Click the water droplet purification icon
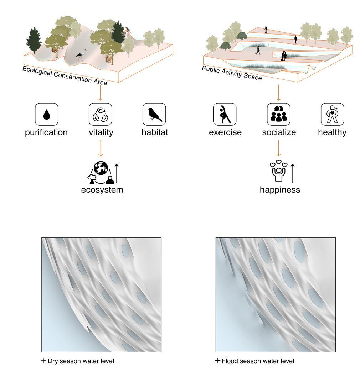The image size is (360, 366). tap(46, 115)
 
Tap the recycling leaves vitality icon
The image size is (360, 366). tap(101, 115)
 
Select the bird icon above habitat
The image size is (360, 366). tap(154, 115)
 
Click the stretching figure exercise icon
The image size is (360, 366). tap(225, 115)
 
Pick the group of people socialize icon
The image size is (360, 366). tap(279, 115)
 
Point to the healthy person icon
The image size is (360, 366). tap(332, 115)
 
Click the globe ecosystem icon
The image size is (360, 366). tap(101, 173)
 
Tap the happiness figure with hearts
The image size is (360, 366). tap(278, 172)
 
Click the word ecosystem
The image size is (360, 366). tap(102, 190)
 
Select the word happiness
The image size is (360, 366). tap(280, 190)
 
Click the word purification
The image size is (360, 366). tap(46, 132)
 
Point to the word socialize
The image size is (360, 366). tap(279, 132)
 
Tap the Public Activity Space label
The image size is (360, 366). tap(232, 73)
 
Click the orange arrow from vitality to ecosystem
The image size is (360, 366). tap(101, 148)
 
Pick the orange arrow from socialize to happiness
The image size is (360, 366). tap(279, 148)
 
